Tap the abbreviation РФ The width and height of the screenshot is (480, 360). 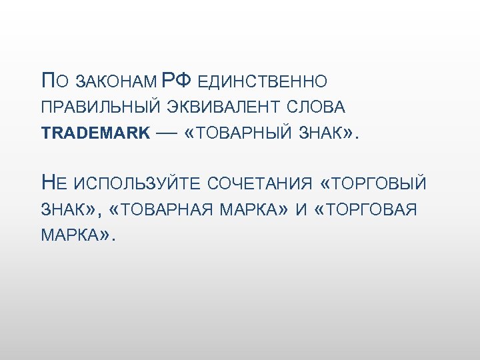click(x=177, y=81)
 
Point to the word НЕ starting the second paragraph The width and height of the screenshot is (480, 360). click(x=53, y=181)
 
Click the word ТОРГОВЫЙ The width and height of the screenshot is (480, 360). click(x=378, y=183)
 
